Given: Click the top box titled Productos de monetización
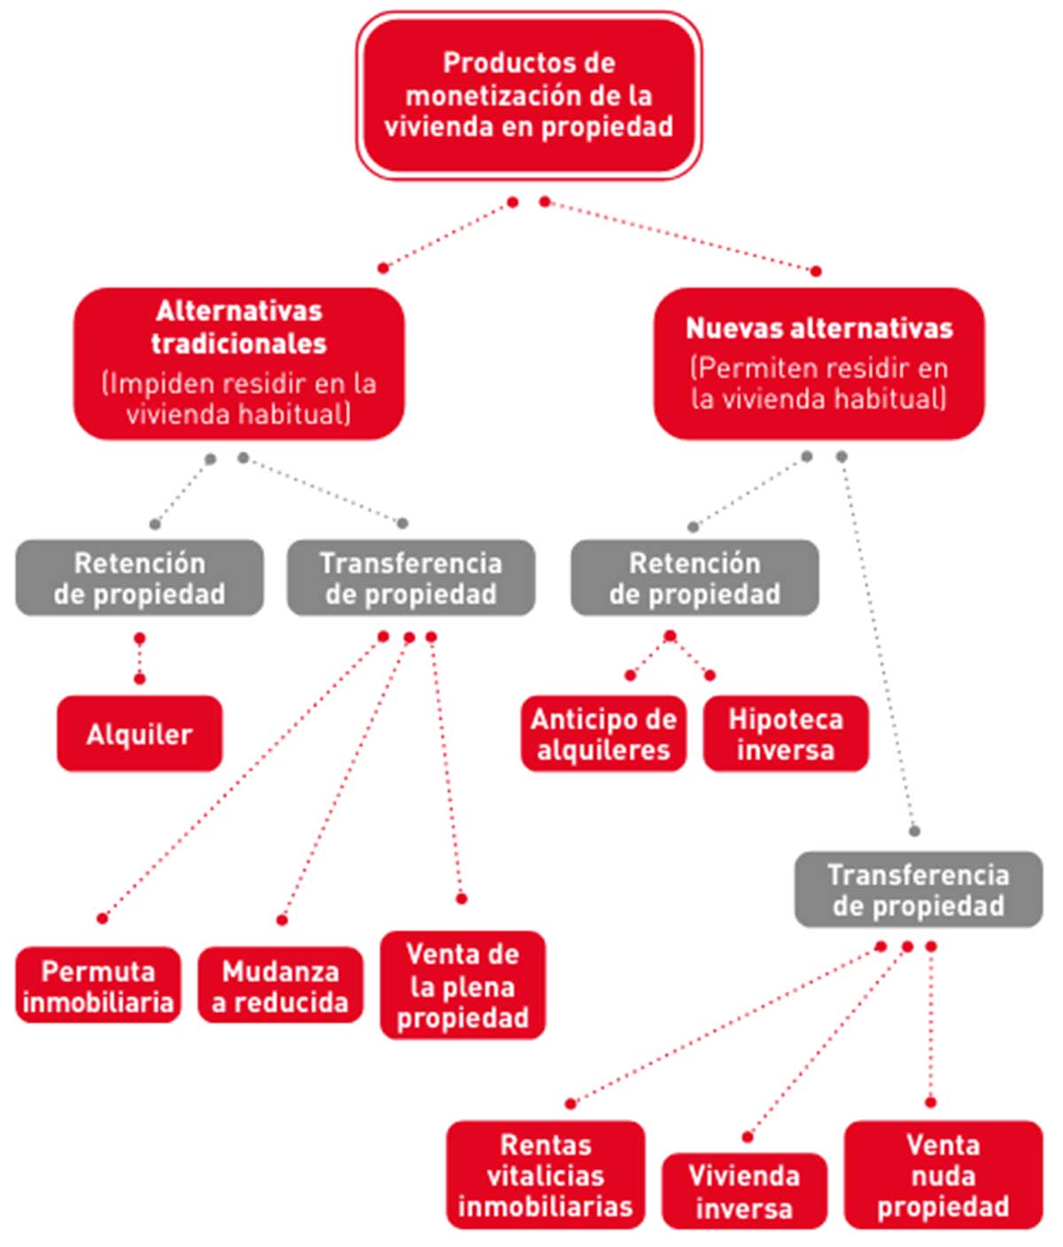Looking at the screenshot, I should click(529, 95).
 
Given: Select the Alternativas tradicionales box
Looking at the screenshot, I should click(238, 362).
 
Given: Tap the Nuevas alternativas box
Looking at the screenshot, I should click(819, 362).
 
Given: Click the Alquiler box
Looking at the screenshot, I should click(139, 733).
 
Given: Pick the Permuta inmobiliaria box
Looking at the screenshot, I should click(98, 986).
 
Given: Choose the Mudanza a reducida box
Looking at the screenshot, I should click(280, 986).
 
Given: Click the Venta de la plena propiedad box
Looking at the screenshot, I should click(462, 985).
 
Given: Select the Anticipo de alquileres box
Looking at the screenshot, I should click(603, 733).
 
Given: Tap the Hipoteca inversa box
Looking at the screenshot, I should click(786, 733).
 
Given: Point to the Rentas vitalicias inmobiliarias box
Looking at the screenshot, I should click(546, 1174).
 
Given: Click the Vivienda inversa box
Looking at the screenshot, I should click(744, 1190).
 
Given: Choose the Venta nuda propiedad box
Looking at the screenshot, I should click(943, 1174).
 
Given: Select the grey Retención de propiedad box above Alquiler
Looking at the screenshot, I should click(139, 577).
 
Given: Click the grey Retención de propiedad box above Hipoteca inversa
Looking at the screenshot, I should click(694, 577).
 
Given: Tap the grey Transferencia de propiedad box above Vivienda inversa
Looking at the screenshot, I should click(918, 889).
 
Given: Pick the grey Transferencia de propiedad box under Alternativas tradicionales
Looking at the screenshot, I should click(410, 577).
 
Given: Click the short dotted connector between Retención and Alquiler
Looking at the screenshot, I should click(139, 659).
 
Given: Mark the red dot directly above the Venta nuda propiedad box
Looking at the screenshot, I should click(930, 1102).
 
